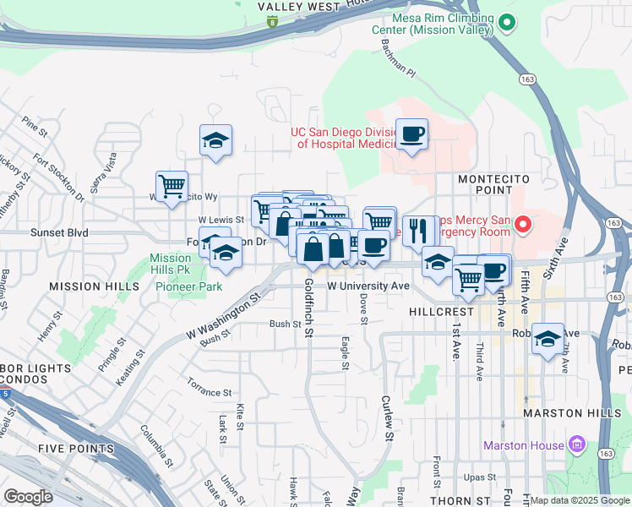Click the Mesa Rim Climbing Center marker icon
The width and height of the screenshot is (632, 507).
[x=507, y=23]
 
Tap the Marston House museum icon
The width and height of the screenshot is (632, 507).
[x=578, y=444]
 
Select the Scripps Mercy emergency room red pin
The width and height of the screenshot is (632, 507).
[x=522, y=225]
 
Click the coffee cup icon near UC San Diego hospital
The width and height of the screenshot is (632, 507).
[x=411, y=134]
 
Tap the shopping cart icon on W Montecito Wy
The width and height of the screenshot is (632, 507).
[x=172, y=186]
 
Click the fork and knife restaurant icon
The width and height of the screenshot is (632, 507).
[x=418, y=229]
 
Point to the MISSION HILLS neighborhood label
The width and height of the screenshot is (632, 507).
[x=94, y=287]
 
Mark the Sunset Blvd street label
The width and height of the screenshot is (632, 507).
[x=59, y=232]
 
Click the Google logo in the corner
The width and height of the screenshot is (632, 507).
[x=28, y=497]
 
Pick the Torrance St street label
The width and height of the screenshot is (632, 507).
[x=210, y=393]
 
